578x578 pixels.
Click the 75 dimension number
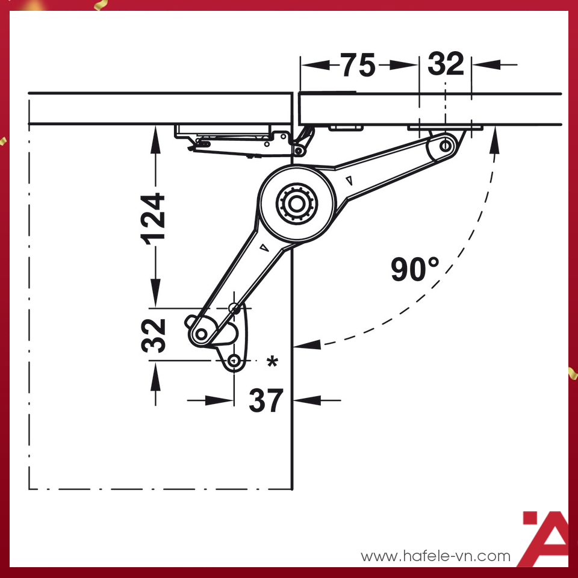[x=357, y=65]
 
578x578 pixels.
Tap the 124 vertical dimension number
[x=153, y=219]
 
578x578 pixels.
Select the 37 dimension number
[x=266, y=400]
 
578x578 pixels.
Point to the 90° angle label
[x=415, y=270]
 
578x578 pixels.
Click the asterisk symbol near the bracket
[x=272, y=362]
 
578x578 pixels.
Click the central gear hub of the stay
[x=297, y=204]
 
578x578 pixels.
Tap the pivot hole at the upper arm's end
[x=446, y=145]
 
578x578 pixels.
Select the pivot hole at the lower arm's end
[x=201, y=335]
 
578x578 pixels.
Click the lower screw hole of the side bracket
[x=234, y=361]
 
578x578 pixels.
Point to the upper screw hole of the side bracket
[x=234, y=308]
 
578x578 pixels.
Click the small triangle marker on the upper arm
[x=349, y=181]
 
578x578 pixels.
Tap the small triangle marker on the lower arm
[x=264, y=247]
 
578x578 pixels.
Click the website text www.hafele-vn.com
[x=435, y=556]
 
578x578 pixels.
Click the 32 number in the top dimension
[x=446, y=64]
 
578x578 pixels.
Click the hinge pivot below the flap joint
[x=299, y=151]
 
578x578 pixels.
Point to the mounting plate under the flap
[x=445, y=128]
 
